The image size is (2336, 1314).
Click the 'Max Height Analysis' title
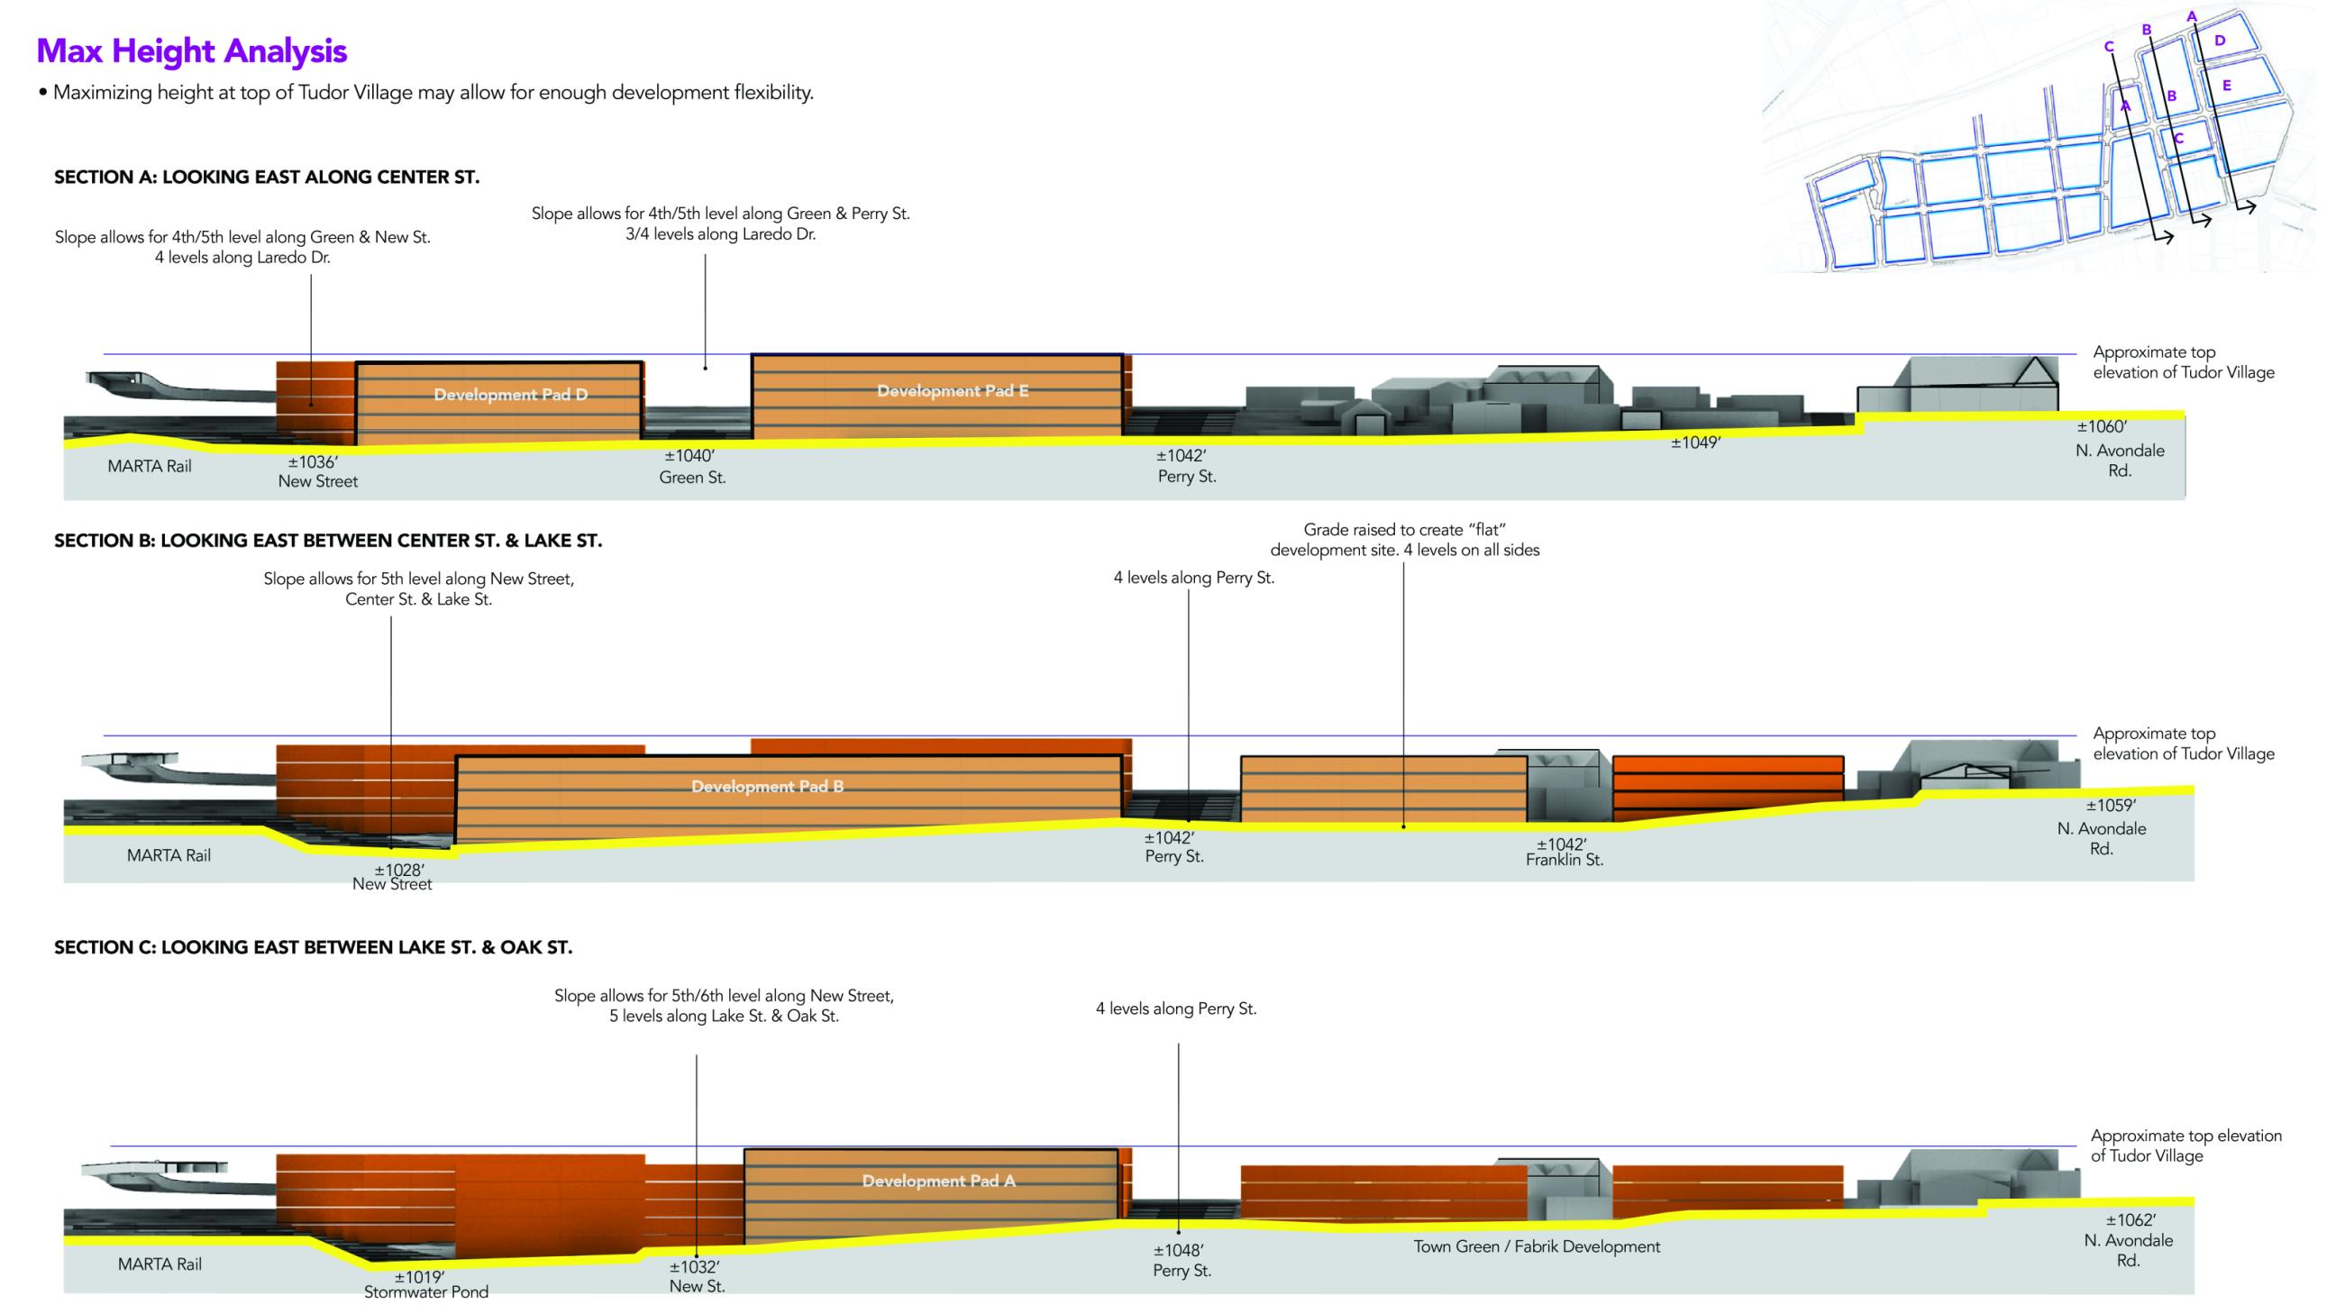pos(191,51)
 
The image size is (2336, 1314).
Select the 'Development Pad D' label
pos(510,395)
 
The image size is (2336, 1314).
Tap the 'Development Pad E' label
pos(953,391)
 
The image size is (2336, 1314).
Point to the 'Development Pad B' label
pos(767,786)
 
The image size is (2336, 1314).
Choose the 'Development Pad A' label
pos(938,1181)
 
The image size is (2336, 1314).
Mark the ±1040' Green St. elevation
pos(689,456)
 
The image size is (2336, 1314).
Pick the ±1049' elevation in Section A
pos(1696,443)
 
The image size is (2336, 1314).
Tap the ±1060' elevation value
pos(2102,427)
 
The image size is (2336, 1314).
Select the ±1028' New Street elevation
pos(399,870)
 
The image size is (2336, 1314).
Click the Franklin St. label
pos(1565,860)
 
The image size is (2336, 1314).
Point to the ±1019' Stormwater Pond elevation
pos(419,1277)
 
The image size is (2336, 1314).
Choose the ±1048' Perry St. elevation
pos(1178,1251)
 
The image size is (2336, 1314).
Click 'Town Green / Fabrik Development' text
pos(1537,1247)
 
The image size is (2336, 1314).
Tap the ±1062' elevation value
pos(2131,1220)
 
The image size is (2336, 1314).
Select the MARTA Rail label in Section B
pos(169,855)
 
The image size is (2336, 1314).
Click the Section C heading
pos(313,947)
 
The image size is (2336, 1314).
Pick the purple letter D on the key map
pos(2220,40)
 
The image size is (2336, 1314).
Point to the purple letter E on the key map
pos(2226,86)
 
